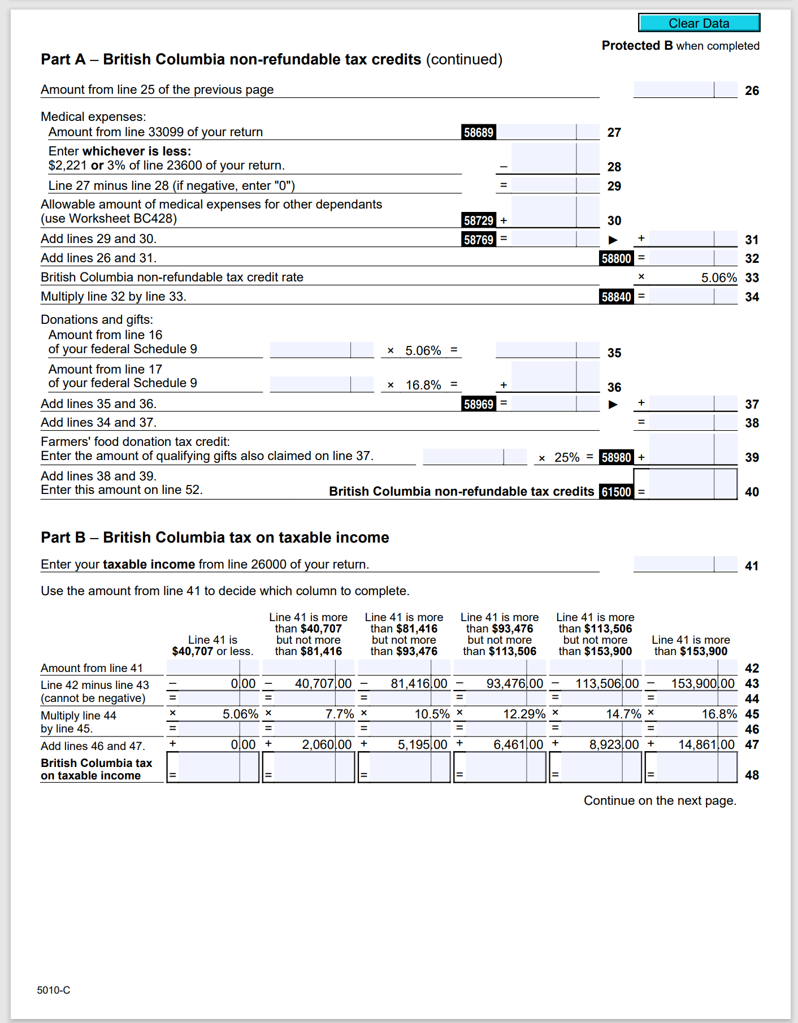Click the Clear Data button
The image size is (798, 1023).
(699, 23)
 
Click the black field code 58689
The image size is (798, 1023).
(479, 132)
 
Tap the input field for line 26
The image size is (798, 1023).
(684, 89)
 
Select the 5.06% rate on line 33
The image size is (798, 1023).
(718, 278)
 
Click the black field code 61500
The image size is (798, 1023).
(616, 492)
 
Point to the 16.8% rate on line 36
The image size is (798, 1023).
(423, 385)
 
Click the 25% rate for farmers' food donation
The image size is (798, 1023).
(566, 457)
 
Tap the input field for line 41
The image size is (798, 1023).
(684, 564)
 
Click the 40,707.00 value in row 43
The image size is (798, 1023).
(323, 684)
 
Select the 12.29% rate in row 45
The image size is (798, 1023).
(524, 714)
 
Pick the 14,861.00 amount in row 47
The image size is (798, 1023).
(706, 745)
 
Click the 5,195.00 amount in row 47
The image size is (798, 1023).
(422, 745)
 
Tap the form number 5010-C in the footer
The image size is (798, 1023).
(54, 990)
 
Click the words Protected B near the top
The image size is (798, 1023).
(637, 46)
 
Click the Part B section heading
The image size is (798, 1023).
(215, 537)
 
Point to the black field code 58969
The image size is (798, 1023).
(479, 404)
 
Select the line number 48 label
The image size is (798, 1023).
(752, 775)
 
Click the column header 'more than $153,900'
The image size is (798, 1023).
(691, 645)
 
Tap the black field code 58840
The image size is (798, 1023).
(616, 297)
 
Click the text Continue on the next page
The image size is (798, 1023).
(660, 800)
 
